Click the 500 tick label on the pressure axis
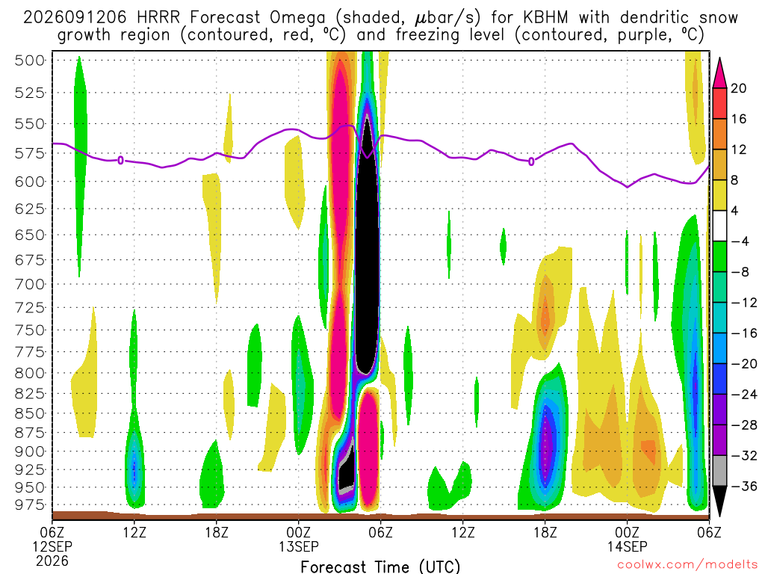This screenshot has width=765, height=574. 30,61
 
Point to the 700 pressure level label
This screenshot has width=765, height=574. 30,284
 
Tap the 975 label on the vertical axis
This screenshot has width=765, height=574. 30,504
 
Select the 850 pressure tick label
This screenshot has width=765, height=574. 30,413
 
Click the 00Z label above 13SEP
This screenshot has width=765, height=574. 298,532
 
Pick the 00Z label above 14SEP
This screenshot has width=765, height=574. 627,532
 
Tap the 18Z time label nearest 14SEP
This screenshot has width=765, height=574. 545,532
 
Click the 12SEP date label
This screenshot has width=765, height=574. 52,546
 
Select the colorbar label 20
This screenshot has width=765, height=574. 739,88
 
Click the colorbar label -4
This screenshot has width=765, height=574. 740,241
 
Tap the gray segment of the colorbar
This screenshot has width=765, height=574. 719,471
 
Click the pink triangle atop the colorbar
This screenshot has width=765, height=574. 719,73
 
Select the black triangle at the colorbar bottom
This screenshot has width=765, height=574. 719,501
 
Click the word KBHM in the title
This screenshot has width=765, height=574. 545,18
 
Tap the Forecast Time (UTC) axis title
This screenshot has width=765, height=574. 380,567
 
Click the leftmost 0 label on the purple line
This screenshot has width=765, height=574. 120,160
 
